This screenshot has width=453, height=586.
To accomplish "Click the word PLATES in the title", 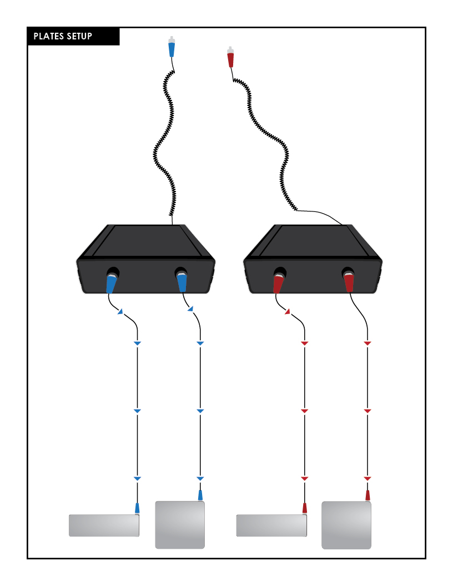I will [48, 37].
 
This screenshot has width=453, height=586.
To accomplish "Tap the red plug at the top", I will [231, 57].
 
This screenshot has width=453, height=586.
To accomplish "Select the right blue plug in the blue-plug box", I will [182, 281].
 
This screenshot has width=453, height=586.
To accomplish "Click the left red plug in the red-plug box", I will [279, 282].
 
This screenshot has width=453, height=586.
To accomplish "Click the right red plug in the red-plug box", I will [349, 281].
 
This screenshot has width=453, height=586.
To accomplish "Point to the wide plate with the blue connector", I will [104, 525].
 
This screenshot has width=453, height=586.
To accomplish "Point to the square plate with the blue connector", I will [180, 525].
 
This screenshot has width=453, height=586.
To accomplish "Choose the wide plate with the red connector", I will [271, 525].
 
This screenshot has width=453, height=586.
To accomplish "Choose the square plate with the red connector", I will [346, 525].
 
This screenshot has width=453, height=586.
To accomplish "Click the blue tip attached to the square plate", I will [200, 494].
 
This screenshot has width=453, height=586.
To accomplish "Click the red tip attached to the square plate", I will [367, 495].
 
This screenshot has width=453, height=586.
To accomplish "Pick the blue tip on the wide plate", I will [137, 507].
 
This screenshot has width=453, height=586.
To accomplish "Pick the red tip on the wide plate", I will [304, 507].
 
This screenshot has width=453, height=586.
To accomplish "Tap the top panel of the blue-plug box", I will [145, 240].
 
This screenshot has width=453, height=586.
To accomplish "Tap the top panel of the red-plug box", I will [313, 240].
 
